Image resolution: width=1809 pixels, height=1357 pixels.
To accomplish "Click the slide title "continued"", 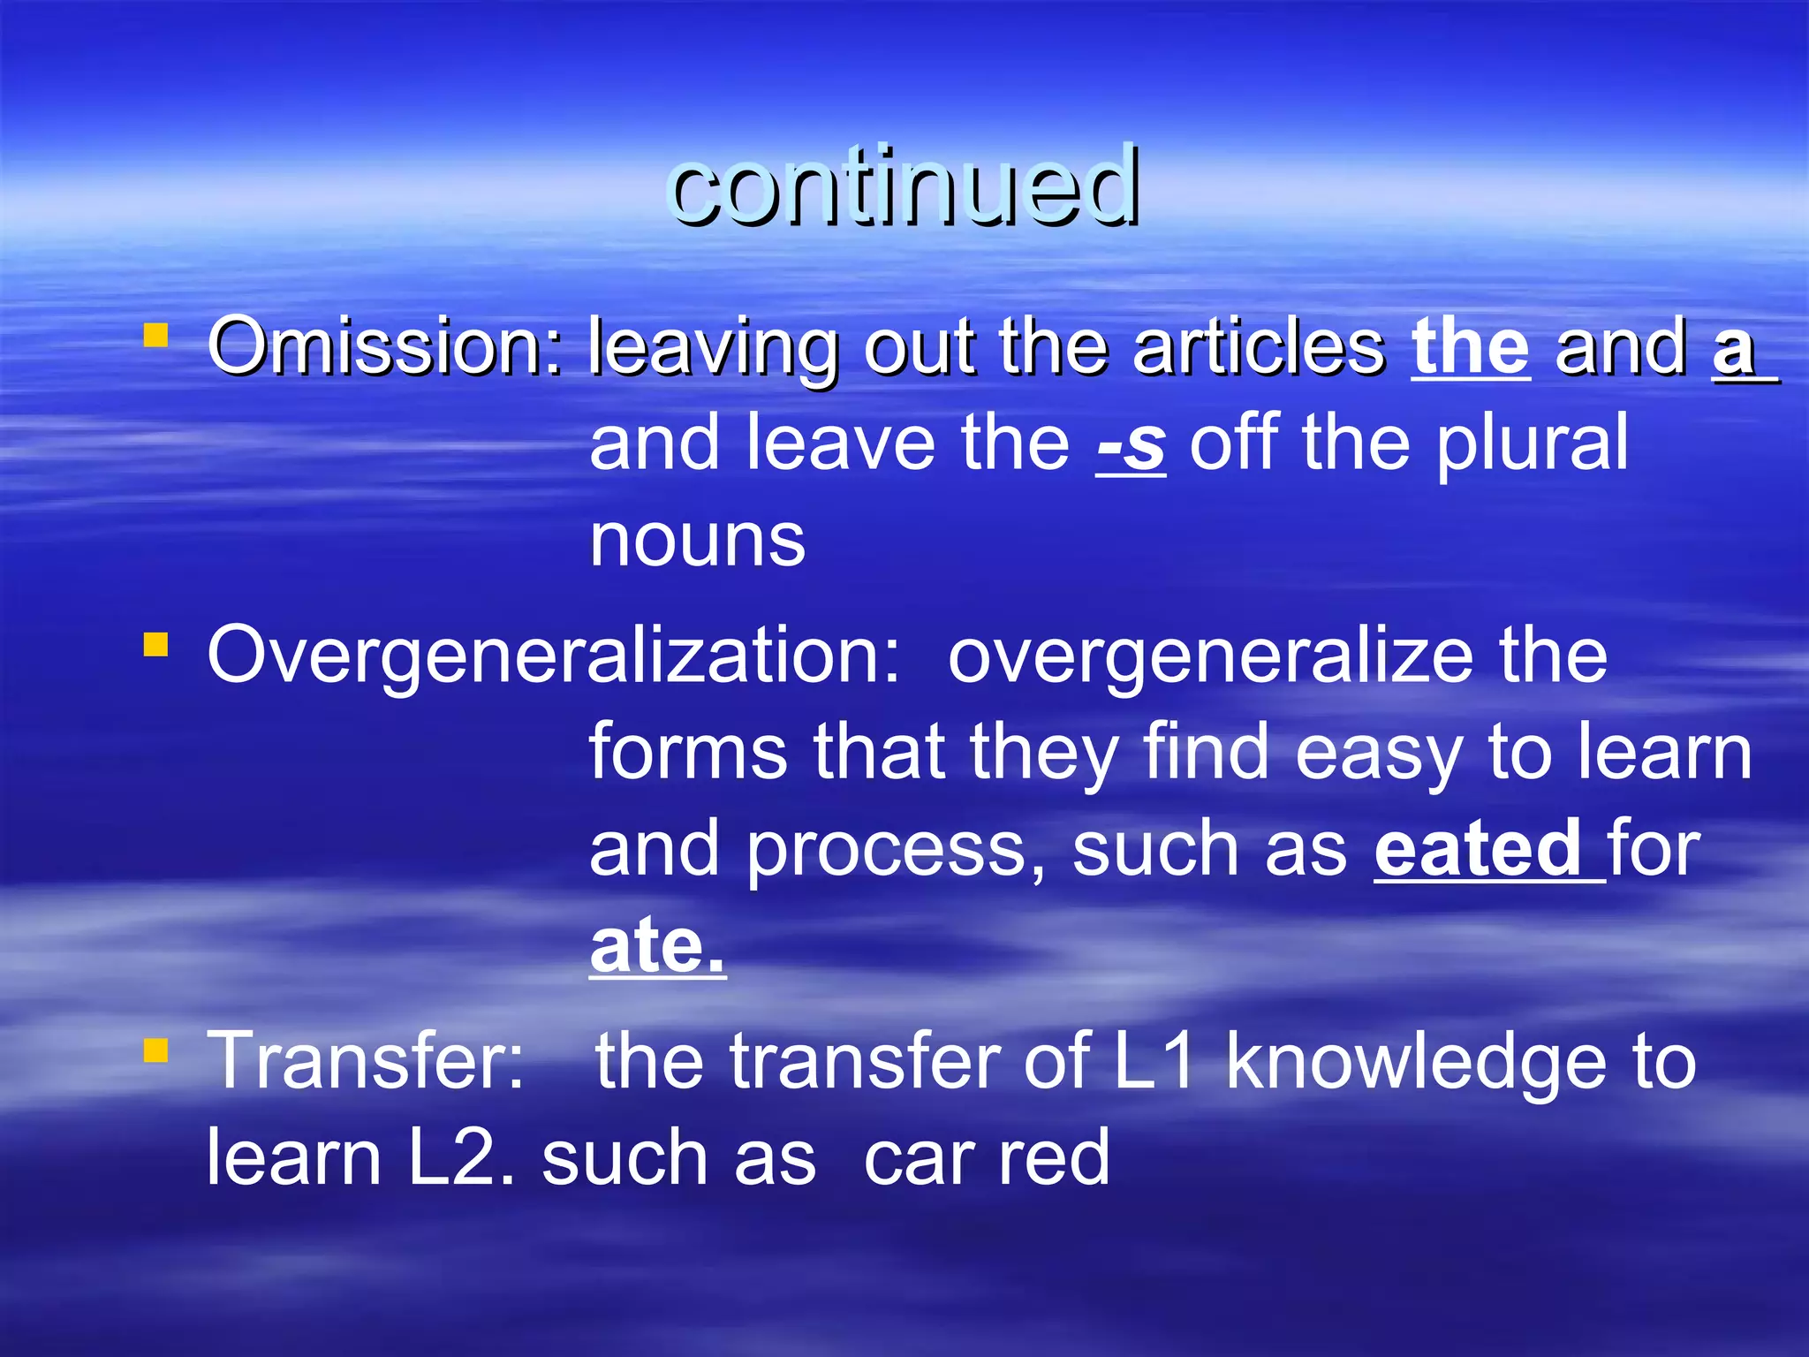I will point(904,186).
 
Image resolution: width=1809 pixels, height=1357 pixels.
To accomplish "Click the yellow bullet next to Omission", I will point(155,336).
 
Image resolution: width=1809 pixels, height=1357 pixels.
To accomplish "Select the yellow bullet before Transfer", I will point(155,1050).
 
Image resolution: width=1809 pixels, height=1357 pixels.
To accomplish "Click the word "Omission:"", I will point(385,346).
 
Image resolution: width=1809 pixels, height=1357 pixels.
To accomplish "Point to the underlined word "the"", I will point(1470,346).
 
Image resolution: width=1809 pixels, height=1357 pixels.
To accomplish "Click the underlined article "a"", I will point(1733,348).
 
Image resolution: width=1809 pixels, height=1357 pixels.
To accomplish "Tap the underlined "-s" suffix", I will point(1131,444).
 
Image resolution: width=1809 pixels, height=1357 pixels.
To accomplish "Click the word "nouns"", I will point(698,541).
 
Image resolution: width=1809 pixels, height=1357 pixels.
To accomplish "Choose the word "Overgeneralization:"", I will point(553,656).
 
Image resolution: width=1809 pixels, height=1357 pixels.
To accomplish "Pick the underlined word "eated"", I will point(1478,849).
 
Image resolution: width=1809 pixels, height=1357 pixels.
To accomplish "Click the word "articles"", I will point(1260,346).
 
